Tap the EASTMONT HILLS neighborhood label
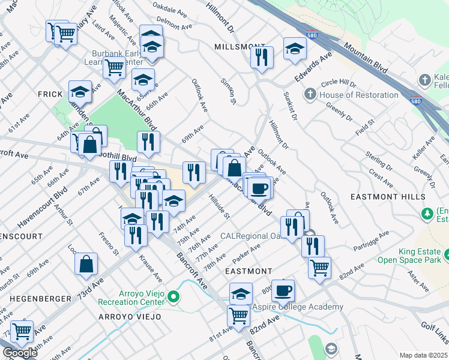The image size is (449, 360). pyautogui.click(x=396, y=197)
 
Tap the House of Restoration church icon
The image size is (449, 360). pyautogui.click(x=310, y=94)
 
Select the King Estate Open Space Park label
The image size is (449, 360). pyautogui.click(x=409, y=255)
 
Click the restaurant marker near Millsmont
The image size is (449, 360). pyautogui.click(x=261, y=58)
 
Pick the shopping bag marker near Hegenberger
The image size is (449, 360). pyautogui.click(x=86, y=263)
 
